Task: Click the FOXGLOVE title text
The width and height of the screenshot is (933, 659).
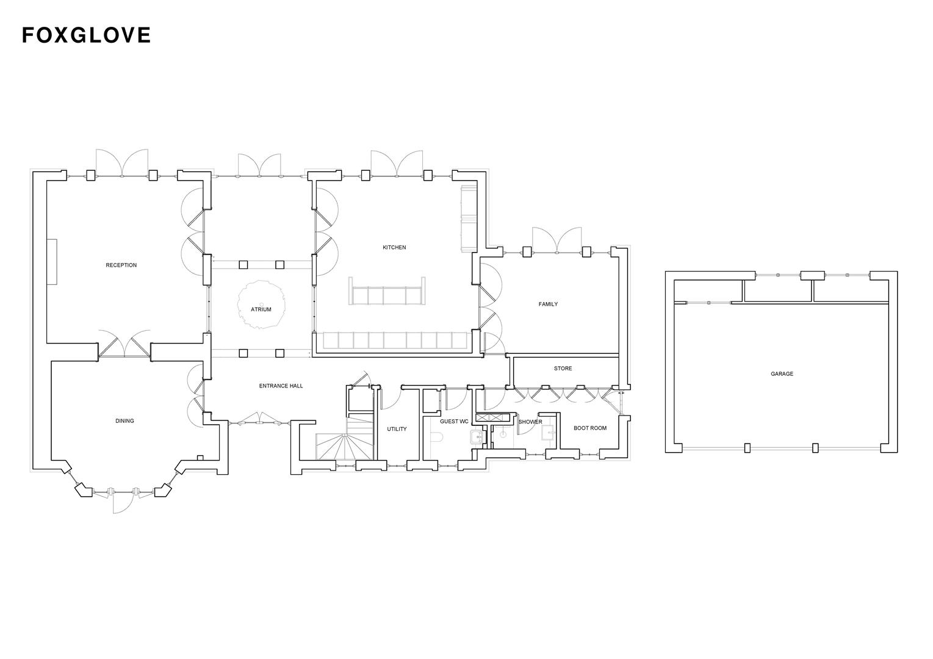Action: (x=86, y=35)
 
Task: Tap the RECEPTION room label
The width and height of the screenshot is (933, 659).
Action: (x=121, y=265)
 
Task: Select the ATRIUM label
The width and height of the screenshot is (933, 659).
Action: (x=261, y=310)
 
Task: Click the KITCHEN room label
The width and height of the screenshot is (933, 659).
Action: (x=394, y=248)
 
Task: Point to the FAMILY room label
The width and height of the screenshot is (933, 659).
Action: (x=548, y=304)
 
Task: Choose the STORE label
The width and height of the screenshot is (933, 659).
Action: (x=563, y=369)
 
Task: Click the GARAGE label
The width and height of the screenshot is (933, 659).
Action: (x=782, y=374)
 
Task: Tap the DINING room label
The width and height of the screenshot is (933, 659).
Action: (x=124, y=421)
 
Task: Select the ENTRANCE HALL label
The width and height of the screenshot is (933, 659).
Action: (x=281, y=386)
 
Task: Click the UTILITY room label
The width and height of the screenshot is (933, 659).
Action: (x=397, y=430)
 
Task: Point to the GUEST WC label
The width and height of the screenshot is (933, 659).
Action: (x=454, y=422)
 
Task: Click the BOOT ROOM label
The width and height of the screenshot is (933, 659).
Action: (x=590, y=428)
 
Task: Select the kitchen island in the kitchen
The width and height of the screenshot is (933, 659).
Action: (x=387, y=295)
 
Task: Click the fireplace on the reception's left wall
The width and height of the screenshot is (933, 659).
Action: (x=53, y=262)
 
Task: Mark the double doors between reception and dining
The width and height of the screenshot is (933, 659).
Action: (x=124, y=345)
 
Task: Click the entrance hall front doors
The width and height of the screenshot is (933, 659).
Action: (x=259, y=420)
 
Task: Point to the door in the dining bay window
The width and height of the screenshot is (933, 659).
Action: (x=122, y=500)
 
